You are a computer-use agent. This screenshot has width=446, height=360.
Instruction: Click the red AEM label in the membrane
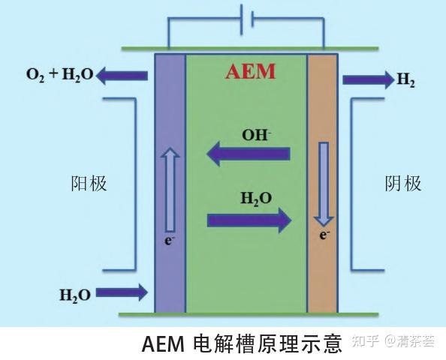pyautogui.click(x=251, y=72)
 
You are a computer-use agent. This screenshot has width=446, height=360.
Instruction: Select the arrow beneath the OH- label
pyautogui.click(x=249, y=155)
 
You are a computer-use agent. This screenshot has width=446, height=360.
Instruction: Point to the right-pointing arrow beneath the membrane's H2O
pyautogui.click(x=249, y=220)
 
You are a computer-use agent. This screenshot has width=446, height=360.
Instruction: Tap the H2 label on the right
pyautogui.click(x=406, y=80)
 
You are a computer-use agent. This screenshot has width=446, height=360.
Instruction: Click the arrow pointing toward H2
pyautogui.click(x=367, y=79)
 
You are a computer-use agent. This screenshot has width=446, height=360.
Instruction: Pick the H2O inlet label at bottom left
pyautogui.click(x=75, y=294)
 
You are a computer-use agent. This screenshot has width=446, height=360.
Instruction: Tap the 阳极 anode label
pyautogui.click(x=89, y=184)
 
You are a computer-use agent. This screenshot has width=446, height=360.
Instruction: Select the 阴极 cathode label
pyautogui.click(x=403, y=184)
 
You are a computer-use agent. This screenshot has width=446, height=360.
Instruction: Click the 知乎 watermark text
pyautogui.click(x=366, y=343)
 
